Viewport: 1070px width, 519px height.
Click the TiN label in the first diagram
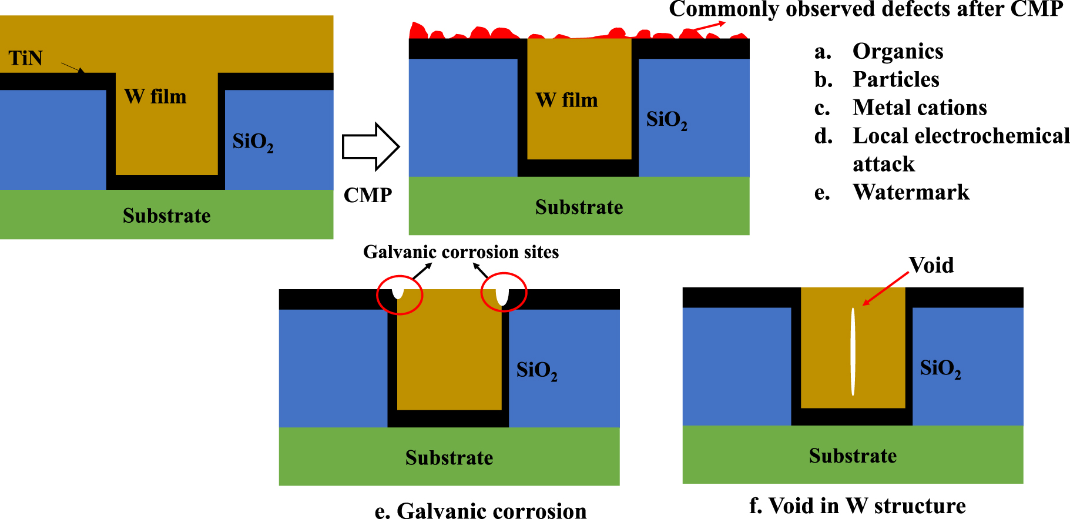pyautogui.click(x=25, y=58)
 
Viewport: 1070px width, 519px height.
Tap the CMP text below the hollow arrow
pyautogui.click(x=367, y=195)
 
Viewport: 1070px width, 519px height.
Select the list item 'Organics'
pyautogui.click(x=897, y=52)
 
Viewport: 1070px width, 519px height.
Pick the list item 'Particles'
pyautogui.click(x=895, y=79)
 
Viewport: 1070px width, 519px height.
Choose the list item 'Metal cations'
pyautogui.click(x=919, y=108)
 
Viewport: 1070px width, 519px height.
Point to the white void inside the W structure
pyautogui.click(x=853, y=351)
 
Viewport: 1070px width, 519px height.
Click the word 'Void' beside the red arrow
pyautogui.click(x=931, y=265)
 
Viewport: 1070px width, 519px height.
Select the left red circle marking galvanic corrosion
pyautogui.click(x=400, y=294)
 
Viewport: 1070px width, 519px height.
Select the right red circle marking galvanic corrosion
pyautogui.click(x=504, y=292)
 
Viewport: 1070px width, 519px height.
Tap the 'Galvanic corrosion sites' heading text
pyautogui.click(x=461, y=252)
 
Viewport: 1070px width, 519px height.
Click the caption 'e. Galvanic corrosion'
pyautogui.click(x=480, y=510)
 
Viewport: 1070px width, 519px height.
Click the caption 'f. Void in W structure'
pyautogui.click(x=857, y=505)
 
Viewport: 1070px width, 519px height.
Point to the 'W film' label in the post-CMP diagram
pyautogui.click(x=566, y=101)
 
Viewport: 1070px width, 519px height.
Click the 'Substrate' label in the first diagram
pyautogui.click(x=166, y=216)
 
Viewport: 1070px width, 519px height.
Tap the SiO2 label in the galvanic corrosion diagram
pyautogui.click(x=536, y=370)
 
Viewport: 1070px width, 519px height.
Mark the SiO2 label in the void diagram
pyautogui.click(x=940, y=369)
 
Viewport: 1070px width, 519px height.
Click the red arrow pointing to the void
pyautogui.click(x=885, y=289)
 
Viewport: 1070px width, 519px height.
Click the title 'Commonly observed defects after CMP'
pyautogui.click(x=866, y=9)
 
